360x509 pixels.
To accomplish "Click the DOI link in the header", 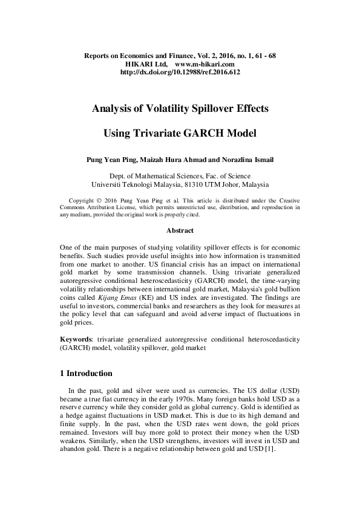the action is pos(180,71).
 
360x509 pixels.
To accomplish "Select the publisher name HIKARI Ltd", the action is pos(145,63).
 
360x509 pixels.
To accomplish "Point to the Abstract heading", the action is pos(180,230).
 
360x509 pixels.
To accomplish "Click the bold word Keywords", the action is pos(78,340).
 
